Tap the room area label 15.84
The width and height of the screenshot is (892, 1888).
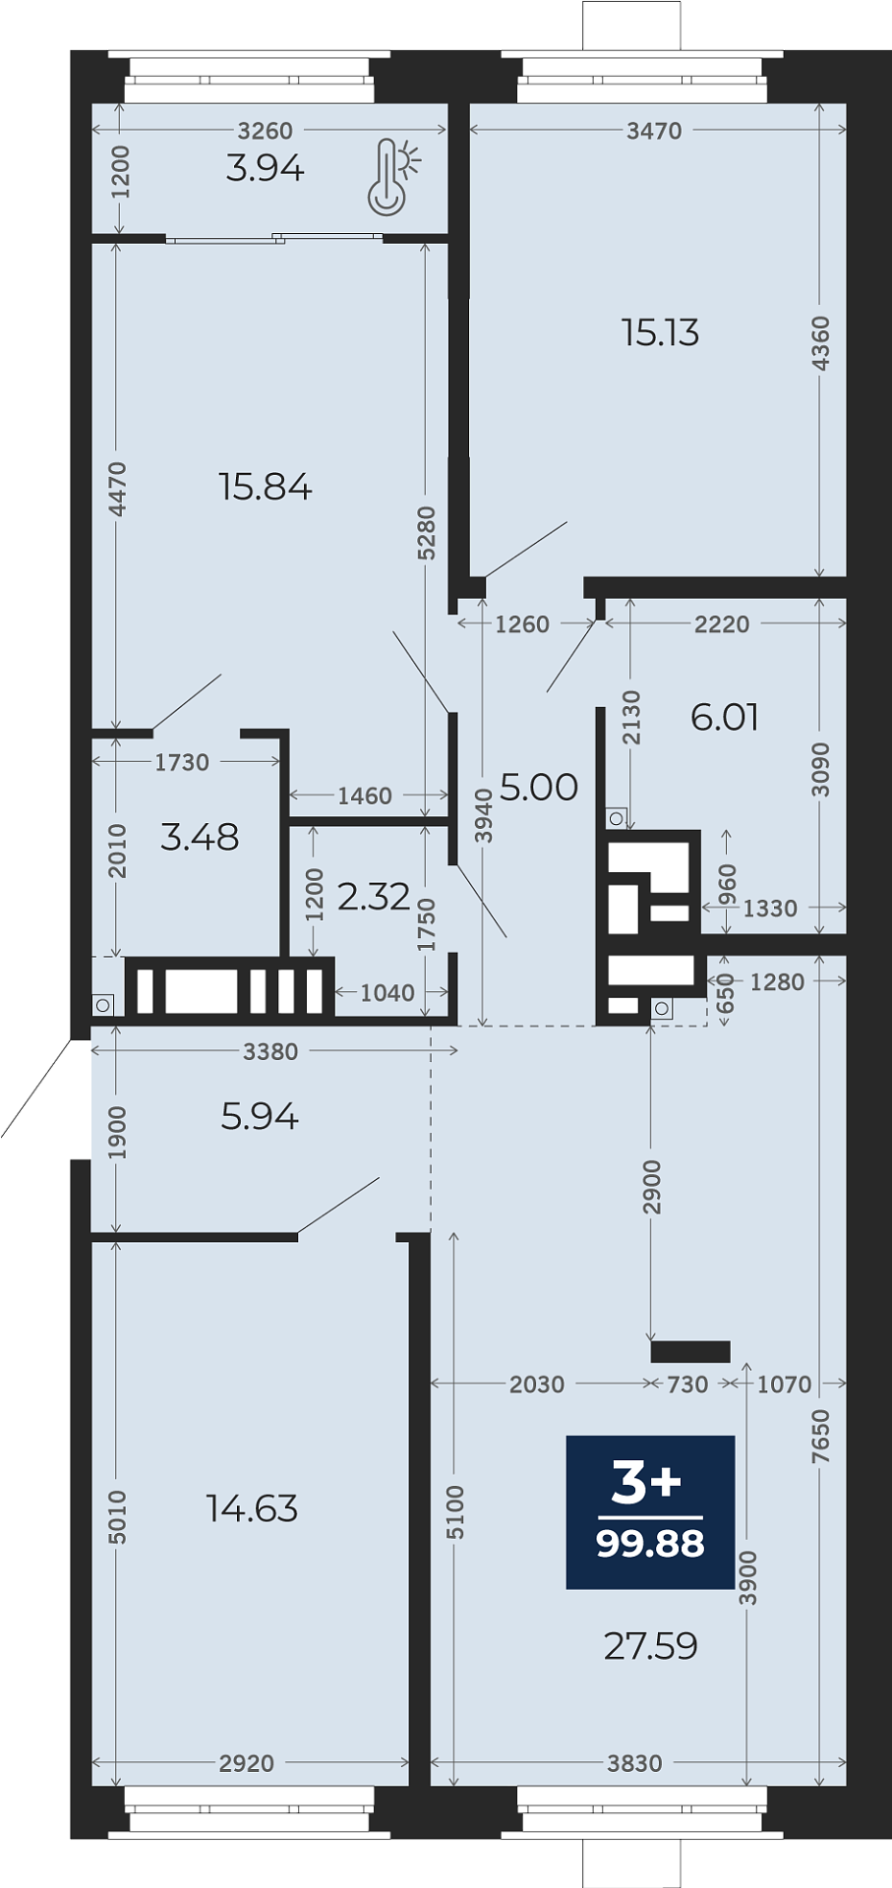265,487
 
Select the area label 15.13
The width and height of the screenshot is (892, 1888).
660,333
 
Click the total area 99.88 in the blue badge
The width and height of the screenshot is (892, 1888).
650,1544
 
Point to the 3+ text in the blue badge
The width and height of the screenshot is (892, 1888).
646,1483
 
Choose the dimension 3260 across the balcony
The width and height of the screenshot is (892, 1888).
266,131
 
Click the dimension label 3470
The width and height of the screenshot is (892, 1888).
654,131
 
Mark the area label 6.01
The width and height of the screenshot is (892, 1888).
725,718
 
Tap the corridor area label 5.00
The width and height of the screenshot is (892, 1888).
539,787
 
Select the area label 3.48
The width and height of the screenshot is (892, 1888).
200,838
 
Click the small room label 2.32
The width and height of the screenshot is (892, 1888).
374,897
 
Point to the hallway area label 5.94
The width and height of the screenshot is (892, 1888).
260,1117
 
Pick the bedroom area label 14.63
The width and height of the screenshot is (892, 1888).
252,1508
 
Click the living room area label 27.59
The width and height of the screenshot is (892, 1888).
651,1646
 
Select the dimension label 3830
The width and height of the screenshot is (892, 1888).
634,1763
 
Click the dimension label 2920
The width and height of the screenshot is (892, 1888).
247,1763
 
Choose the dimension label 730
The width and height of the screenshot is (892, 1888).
687,1385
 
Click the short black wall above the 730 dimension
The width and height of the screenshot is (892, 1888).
690,1352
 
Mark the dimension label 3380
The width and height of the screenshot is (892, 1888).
270,1052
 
